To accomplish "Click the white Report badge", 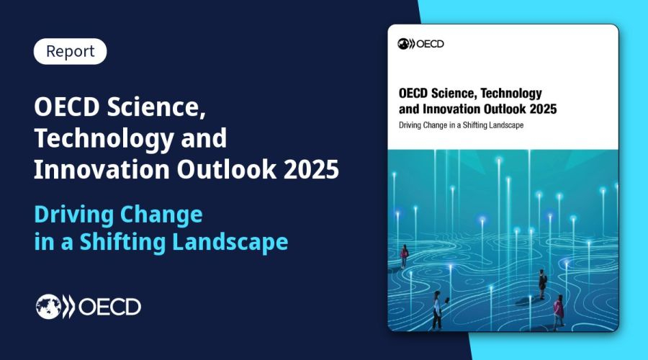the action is click(71, 51).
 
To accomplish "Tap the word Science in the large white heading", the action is click(156, 107).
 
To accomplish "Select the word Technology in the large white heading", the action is click(104, 138).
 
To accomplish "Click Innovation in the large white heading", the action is click(102, 169).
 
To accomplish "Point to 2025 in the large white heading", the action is click(311, 169).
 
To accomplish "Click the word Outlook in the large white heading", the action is click(227, 169).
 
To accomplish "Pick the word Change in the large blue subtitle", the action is click(161, 215).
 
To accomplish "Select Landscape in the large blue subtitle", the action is click(230, 242).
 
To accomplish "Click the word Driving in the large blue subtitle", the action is click(73, 215).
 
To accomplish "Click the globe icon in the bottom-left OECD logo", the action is click(49, 307).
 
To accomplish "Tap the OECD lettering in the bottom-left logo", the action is click(109, 307).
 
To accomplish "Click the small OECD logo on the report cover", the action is click(420, 44).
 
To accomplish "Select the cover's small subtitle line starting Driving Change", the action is click(462, 125).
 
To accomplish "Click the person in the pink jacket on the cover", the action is click(558, 311).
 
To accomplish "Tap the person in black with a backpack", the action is click(542, 284).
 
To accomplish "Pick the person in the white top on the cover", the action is click(437, 310).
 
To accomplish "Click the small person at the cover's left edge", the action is click(404, 256).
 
